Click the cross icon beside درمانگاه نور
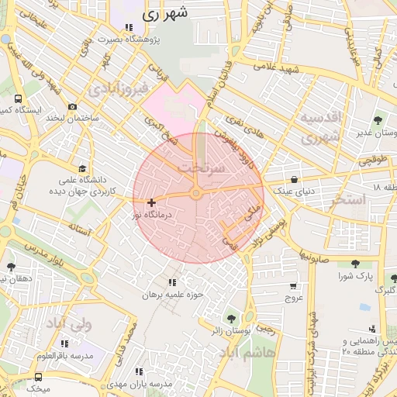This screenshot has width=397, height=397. point(150,202)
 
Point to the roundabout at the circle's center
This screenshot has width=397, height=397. point(196,193)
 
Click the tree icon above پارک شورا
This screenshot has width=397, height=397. point(355,264)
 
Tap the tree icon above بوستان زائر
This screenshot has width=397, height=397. point(231,318)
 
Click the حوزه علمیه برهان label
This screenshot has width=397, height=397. point(172,295)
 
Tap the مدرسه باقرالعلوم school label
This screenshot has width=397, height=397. point(65,355)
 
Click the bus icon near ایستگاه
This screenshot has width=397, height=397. point(18,99)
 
